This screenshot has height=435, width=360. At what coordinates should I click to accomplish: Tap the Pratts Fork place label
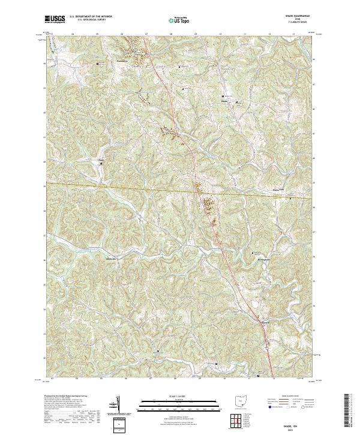(x=276, y=191)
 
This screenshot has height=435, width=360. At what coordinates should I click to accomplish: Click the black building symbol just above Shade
(x=223, y=96)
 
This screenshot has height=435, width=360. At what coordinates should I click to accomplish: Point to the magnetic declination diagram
(x=117, y=405)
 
